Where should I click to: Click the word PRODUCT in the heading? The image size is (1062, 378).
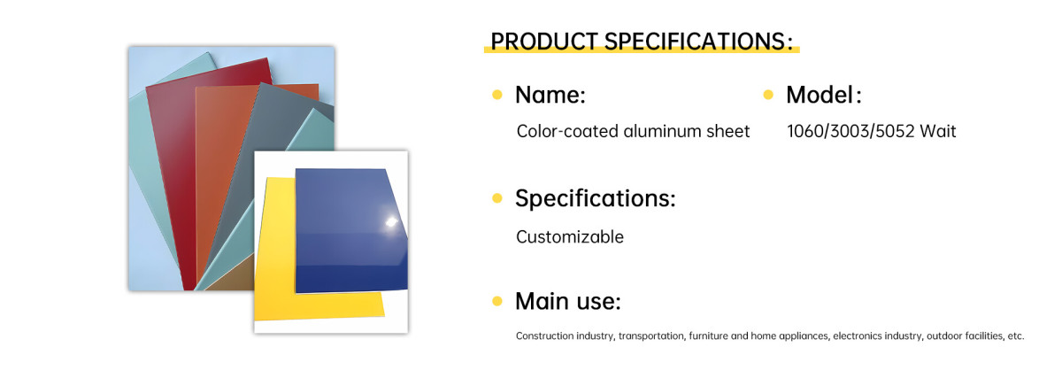pyautogui.click(x=543, y=42)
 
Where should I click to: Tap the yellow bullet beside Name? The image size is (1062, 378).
pyautogui.click(x=497, y=95)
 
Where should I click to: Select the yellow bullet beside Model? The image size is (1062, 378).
pyautogui.click(x=768, y=95)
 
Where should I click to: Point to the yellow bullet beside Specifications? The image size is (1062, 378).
pyautogui.click(x=497, y=197)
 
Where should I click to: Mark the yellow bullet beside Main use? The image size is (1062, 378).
pyautogui.click(x=497, y=301)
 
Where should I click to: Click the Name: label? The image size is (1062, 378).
pyautogui.click(x=550, y=95)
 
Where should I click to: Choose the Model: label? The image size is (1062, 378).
pyautogui.click(x=824, y=95)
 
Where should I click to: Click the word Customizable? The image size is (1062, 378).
pyautogui.click(x=570, y=236)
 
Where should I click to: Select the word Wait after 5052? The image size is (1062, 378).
pyautogui.click(x=938, y=131)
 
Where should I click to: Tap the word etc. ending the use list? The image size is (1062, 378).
pyautogui.click(x=1016, y=336)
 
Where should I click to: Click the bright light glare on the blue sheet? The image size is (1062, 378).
pyautogui.click(x=391, y=222)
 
